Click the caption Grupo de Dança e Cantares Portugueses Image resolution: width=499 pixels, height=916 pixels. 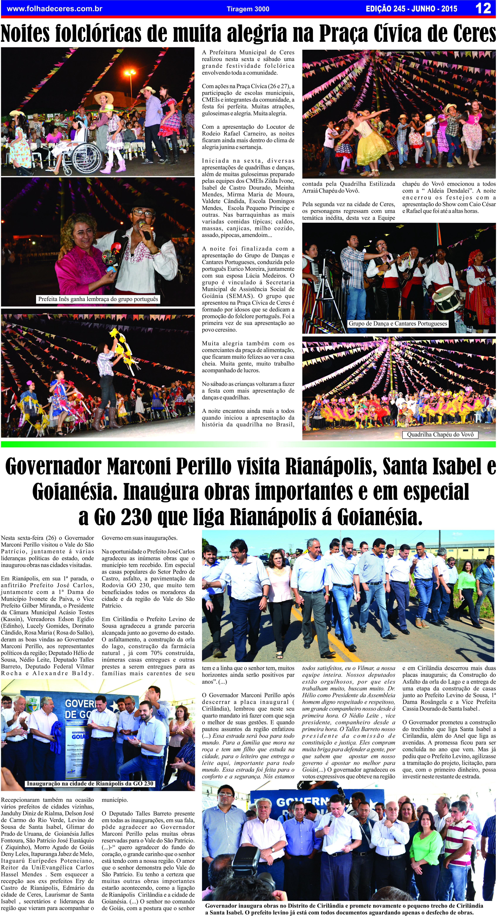coord(397,324)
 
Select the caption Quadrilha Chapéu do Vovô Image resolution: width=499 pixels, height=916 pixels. coord(440,435)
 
